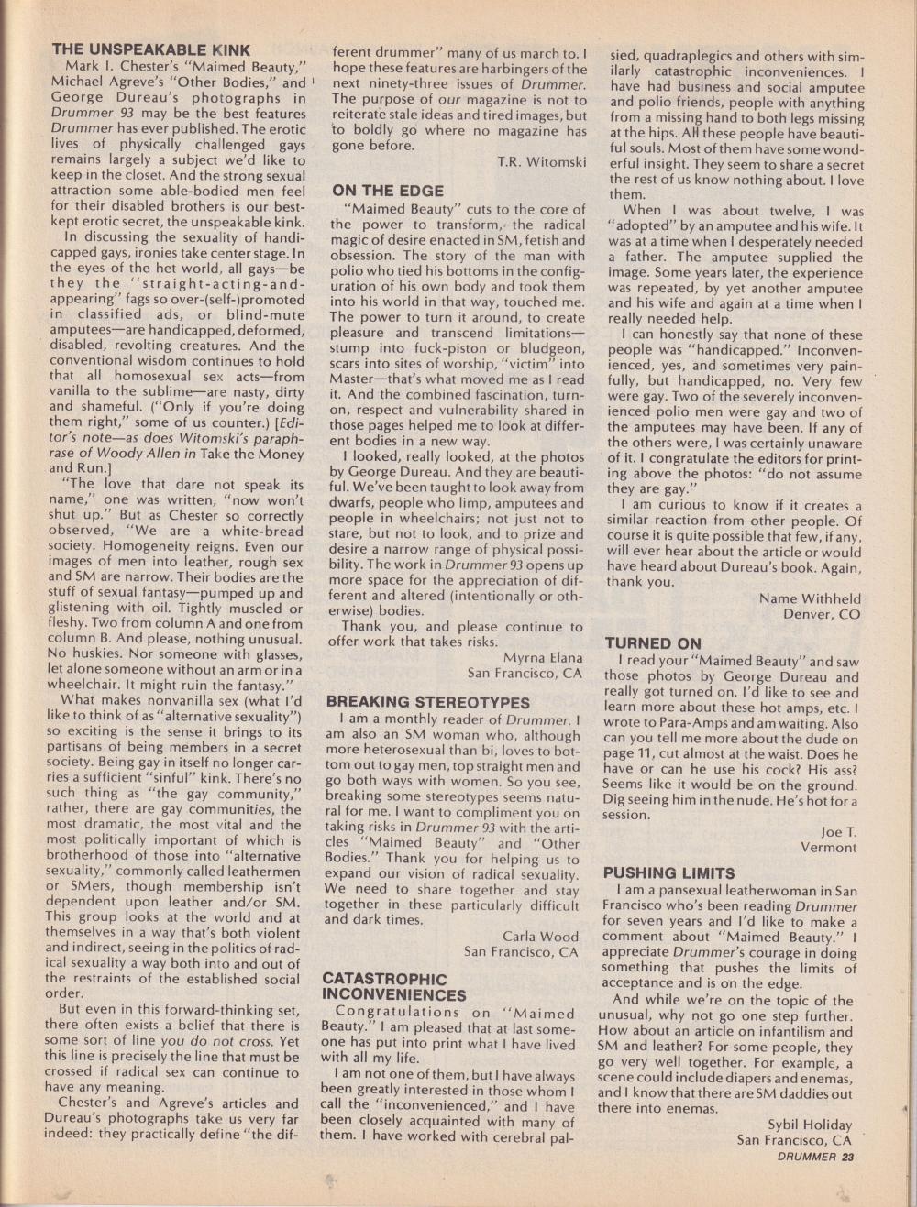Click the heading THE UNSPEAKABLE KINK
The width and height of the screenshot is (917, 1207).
[x=150, y=49]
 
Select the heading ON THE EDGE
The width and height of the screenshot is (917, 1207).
[x=388, y=191]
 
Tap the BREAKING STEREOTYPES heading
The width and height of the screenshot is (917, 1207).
[x=428, y=702]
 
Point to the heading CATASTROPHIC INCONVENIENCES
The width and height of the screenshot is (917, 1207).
[x=393, y=987]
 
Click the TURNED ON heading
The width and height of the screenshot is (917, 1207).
[x=653, y=643]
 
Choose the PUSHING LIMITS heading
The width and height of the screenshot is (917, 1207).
[x=669, y=872]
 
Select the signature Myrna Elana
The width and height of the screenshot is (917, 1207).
[x=542, y=657]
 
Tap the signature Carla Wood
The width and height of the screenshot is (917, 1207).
[x=540, y=936]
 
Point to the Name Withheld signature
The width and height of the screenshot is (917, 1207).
[x=810, y=598]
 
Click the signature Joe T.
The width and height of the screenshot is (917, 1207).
[x=838, y=831]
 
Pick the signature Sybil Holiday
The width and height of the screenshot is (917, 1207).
[x=809, y=1125]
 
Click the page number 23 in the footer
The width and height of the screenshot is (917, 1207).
[x=846, y=1157]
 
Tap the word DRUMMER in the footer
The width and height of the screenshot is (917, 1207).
[x=806, y=1157]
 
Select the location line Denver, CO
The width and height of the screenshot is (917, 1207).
[x=822, y=614]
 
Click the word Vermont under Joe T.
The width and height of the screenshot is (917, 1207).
[x=827, y=847]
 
